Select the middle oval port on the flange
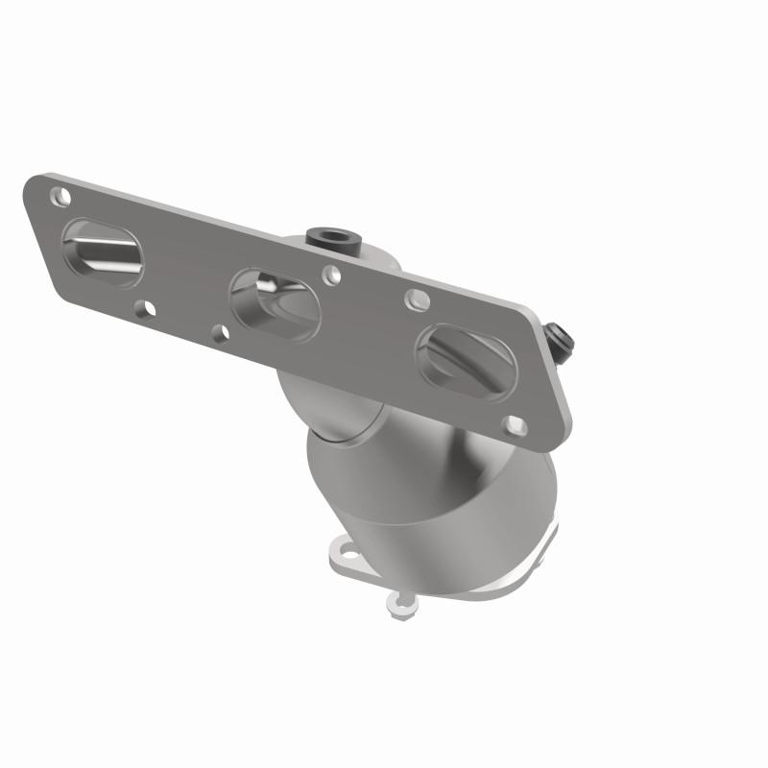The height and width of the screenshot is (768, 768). (x=276, y=303)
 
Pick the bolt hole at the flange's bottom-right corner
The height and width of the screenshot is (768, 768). (x=515, y=424)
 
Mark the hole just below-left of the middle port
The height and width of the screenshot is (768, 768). (x=219, y=332)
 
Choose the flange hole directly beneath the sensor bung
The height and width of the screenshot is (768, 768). (x=331, y=275)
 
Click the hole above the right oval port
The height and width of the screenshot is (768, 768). (x=416, y=300)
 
